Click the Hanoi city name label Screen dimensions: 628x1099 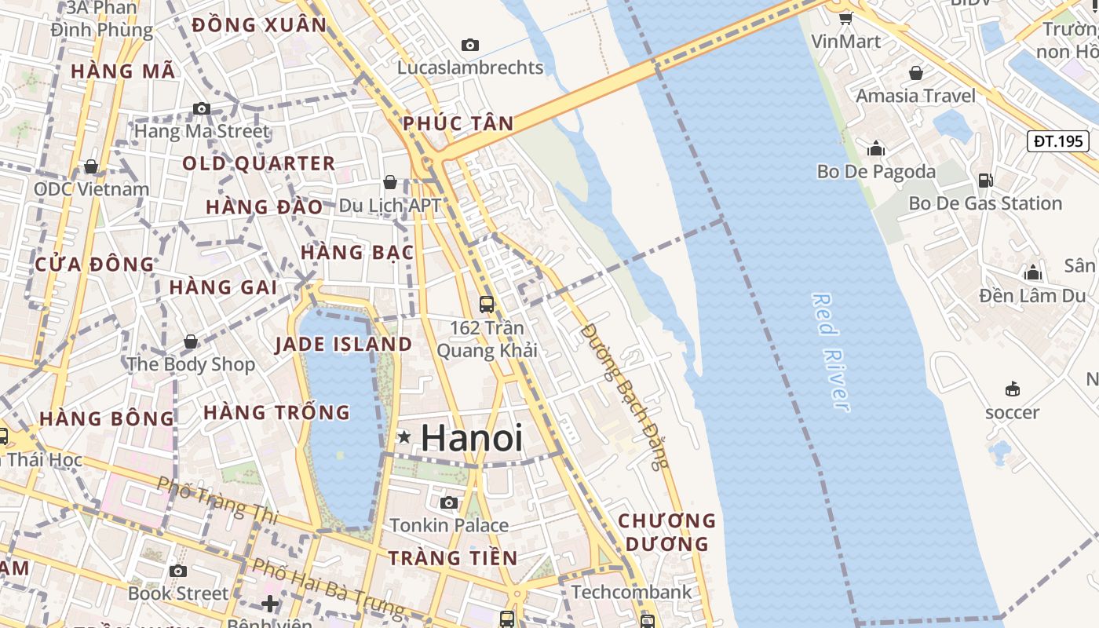(471, 437)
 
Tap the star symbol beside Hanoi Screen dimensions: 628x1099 (403, 436)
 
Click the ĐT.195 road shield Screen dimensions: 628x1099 (1058, 141)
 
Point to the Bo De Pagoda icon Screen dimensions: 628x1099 (876, 148)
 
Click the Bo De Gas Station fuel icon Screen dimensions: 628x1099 (984, 181)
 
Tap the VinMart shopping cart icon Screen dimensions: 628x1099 (845, 18)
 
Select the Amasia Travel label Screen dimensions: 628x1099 (915, 96)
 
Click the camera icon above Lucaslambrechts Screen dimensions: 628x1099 (470, 45)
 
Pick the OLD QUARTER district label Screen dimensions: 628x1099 (259, 163)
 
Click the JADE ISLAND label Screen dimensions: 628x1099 (343, 344)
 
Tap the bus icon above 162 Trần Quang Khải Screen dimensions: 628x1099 (487, 304)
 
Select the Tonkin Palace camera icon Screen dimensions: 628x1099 (449, 502)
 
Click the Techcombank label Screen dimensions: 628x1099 (632, 592)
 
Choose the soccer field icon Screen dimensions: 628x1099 (1013, 389)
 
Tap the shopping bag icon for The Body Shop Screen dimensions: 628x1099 (191, 341)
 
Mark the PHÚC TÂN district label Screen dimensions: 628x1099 (458, 123)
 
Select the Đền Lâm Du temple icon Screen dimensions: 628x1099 (1033, 272)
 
